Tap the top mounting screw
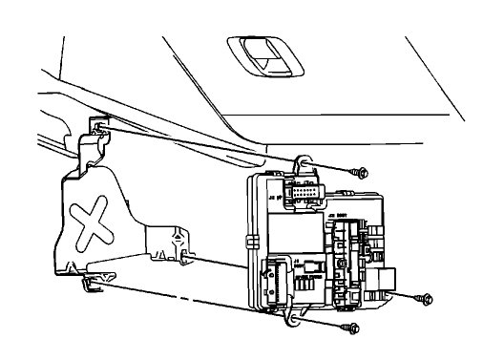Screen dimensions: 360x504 tap(360, 173)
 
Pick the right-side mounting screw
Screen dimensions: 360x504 tap(422, 299)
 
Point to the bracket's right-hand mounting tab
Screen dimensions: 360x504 tap(175, 240)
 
